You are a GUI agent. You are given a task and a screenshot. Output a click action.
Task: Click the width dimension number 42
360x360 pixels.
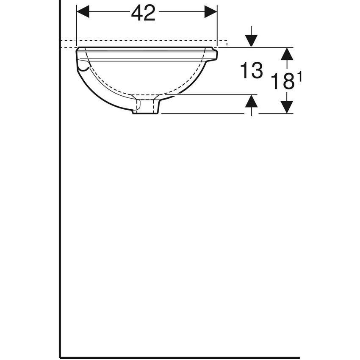point(143,13)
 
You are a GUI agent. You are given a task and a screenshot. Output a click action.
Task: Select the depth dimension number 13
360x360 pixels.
point(251,70)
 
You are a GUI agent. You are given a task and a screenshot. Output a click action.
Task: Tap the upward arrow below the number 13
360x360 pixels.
point(252,102)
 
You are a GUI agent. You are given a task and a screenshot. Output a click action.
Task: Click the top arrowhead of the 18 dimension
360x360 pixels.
point(287,54)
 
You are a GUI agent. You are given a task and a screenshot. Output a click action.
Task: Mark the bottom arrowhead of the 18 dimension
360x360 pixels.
point(287,107)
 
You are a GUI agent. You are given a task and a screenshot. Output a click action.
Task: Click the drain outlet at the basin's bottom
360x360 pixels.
point(146,107)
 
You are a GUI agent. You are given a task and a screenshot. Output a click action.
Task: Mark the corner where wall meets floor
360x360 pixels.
point(61,357)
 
